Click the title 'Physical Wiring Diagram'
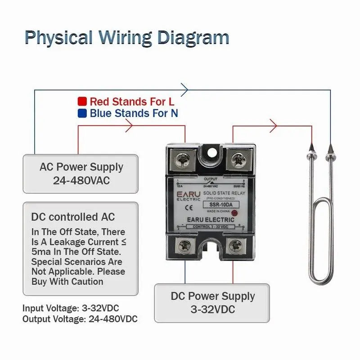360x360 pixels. click(126, 37)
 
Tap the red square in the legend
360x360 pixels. click(82, 101)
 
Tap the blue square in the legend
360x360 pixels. click(82, 113)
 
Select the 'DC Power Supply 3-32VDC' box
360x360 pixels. click(212, 302)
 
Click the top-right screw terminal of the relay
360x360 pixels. click(237, 158)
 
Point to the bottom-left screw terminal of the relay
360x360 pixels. click(185, 245)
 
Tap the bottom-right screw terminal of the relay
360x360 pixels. click(236, 245)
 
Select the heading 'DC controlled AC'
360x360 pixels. click(73, 217)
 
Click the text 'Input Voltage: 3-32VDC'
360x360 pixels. click(71, 309)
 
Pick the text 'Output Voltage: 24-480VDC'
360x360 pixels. click(80, 319)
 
